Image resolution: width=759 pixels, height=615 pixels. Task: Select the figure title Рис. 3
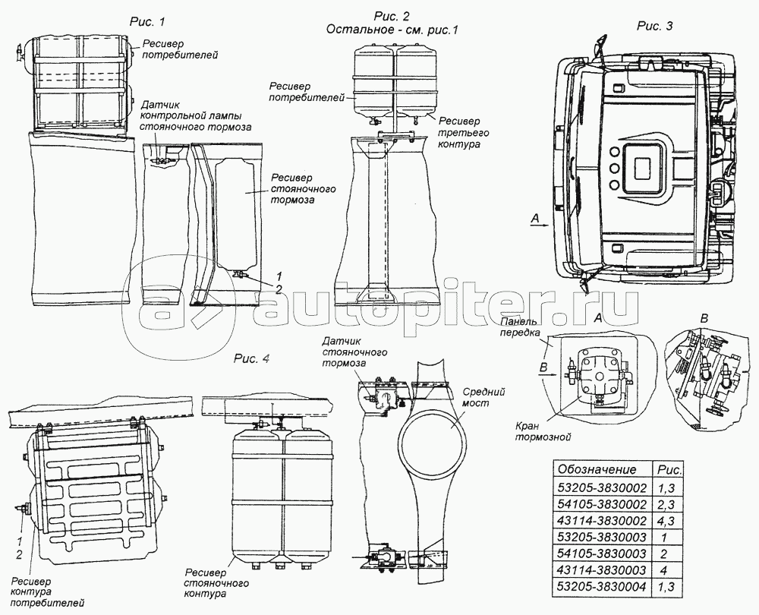tap(653, 27)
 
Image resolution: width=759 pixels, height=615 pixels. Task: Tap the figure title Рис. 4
tap(251, 359)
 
